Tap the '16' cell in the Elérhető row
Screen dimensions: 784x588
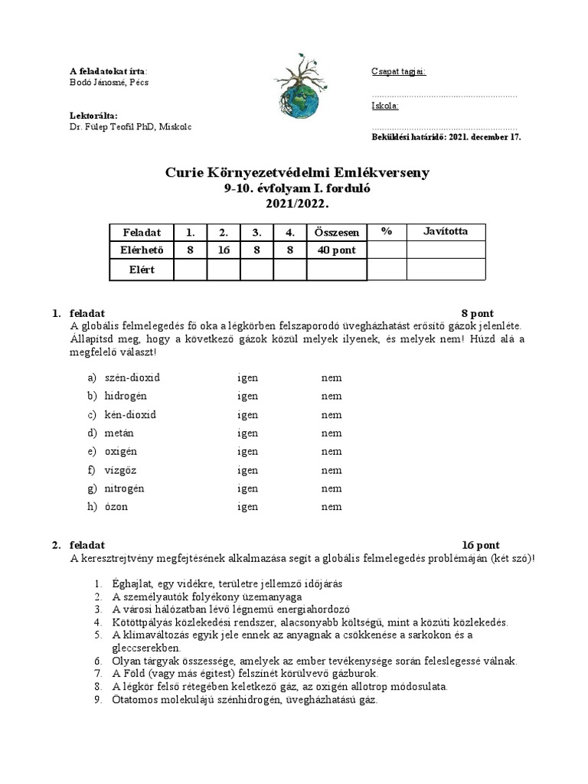(223, 250)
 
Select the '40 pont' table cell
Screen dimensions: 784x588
(336, 250)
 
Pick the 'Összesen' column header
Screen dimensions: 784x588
(336, 232)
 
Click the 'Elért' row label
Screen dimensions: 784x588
(142, 269)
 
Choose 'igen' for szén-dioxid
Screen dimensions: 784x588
(247, 377)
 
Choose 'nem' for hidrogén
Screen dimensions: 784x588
(332, 396)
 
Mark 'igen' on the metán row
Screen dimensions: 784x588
(247, 433)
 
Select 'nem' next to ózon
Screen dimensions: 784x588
(332, 507)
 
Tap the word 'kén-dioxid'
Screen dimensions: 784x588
(130, 414)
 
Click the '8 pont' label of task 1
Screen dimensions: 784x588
(477, 313)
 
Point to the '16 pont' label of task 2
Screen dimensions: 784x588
(481, 545)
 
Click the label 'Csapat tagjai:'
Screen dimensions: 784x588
(398, 72)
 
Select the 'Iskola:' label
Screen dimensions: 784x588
(384, 106)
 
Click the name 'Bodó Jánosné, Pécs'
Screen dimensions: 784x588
(109, 83)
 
